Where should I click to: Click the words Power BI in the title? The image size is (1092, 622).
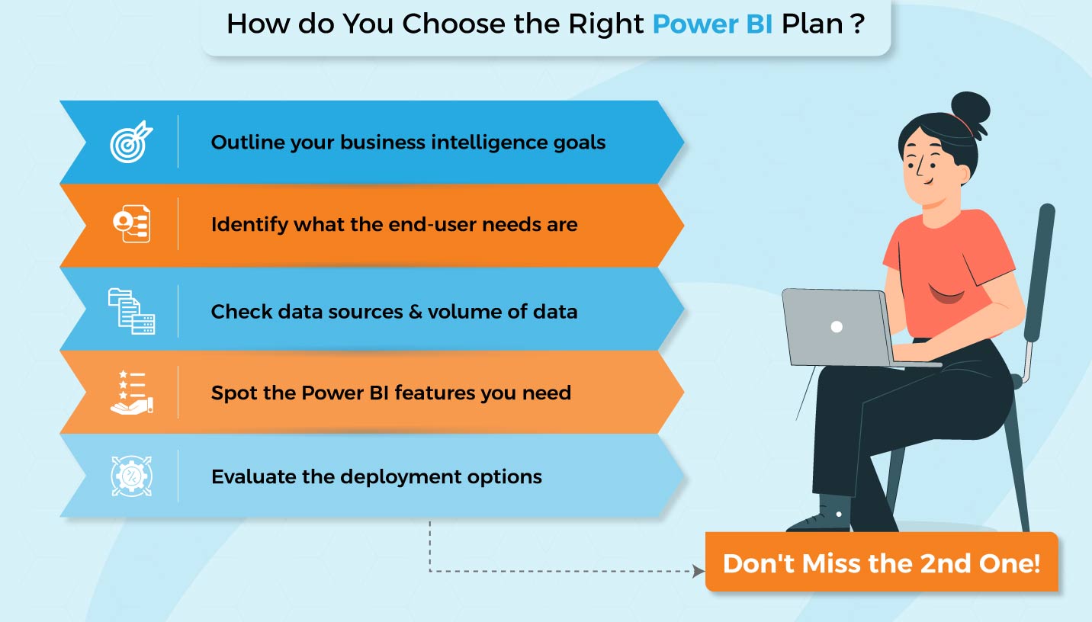[x=713, y=24]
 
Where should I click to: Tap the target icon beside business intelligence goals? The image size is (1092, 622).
[x=131, y=143]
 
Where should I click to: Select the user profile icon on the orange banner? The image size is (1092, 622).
[x=131, y=224]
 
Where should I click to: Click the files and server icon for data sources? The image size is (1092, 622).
[x=131, y=311]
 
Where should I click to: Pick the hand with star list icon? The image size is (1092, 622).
[x=131, y=393]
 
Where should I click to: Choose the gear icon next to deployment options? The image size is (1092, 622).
[x=131, y=476]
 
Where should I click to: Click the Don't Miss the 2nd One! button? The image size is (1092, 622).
[x=881, y=563]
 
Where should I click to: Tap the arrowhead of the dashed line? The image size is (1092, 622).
[x=698, y=571]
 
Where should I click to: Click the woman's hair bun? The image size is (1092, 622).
[x=969, y=110]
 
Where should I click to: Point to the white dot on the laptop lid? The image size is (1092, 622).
[x=837, y=326]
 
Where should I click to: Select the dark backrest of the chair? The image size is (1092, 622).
[x=1038, y=274]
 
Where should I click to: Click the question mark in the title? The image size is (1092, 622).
[x=858, y=24]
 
